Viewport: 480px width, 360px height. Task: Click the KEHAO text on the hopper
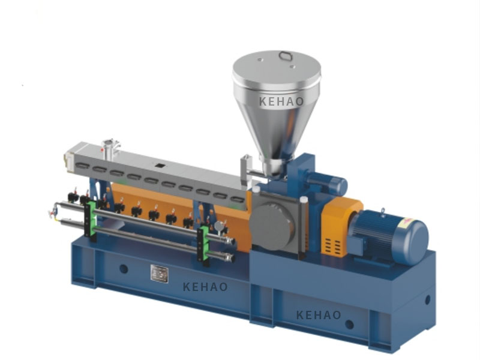pyautogui.click(x=281, y=101)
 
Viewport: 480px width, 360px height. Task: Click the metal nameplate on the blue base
pyautogui.click(x=160, y=274)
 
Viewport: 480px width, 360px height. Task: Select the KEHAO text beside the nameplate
pyautogui.click(x=205, y=287)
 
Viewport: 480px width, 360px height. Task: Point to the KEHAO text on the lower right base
pyautogui.click(x=319, y=314)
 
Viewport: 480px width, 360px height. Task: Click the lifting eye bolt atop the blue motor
pyautogui.click(x=383, y=212)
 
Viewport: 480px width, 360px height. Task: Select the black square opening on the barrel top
pyautogui.click(x=160, y=166)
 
